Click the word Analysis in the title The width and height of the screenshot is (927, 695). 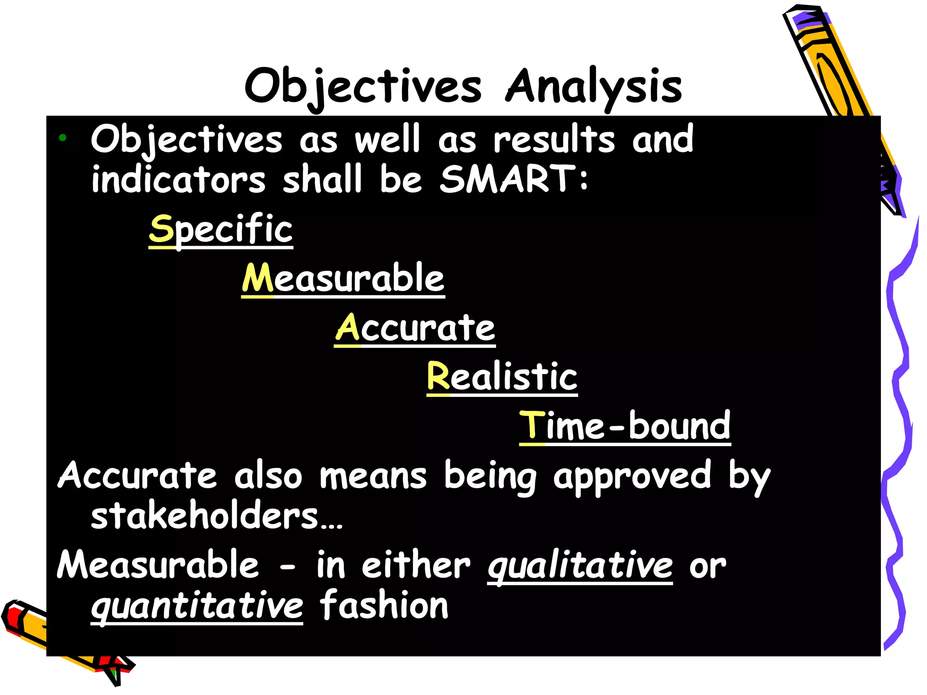click(x=593, y=86)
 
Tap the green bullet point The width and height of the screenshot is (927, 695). click(x=62, y=138)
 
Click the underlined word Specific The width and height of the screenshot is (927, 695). click(x=221, y=229)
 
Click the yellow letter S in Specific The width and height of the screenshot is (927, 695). click(x=162, y=229)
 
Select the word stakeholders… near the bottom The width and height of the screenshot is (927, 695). click(x=216, y=516)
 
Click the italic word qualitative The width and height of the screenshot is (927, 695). click(x=580, y=566)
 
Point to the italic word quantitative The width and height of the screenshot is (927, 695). click(x=197, y=606)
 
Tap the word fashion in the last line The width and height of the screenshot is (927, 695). click(x=384, y=605)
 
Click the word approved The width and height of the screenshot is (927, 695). click(x=632, y=476)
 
